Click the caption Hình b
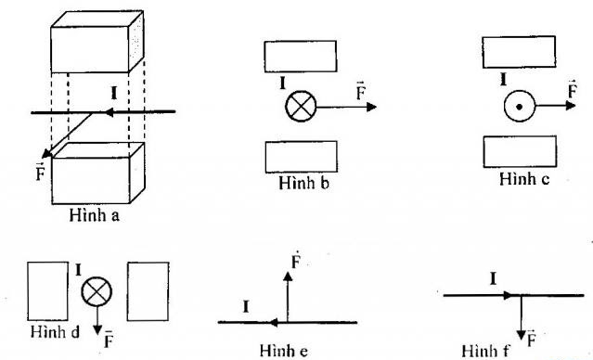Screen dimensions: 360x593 (x=299, y=182)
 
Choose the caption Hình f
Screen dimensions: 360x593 (x=479, y=349)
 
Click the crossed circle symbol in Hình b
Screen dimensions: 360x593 (x=299, y=107)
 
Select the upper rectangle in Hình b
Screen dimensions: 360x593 (x=299, y=56)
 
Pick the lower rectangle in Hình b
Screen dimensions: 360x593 (x=299, y=156)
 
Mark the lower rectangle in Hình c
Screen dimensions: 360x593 (x=519, y=152)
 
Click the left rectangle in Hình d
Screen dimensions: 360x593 (x=47, y=290)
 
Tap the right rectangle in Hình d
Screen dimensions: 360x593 (x=148, y=290)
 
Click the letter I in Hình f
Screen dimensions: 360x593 (x=492, y=277)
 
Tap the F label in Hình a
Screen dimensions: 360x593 (x=39, y=170)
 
